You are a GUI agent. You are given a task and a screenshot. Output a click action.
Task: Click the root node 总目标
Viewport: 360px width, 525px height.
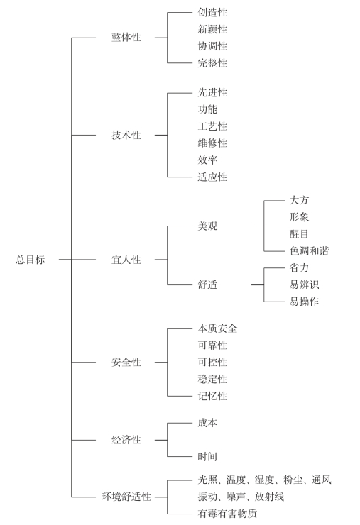tap(30, 260)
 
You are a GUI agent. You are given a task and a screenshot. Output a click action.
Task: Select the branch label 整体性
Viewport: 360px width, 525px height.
tap(126, 37)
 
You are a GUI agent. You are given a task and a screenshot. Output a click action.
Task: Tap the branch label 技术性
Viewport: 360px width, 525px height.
tap(126, 135)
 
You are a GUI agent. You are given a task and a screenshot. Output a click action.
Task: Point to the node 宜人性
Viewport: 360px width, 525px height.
tap(126, 260)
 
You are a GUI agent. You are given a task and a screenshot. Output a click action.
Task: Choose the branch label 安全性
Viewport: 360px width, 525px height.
tap(126, 362)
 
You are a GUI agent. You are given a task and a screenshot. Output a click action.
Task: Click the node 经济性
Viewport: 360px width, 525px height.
tap(126, 440)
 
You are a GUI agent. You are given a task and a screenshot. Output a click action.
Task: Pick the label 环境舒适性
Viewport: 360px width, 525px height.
tap(126, 497)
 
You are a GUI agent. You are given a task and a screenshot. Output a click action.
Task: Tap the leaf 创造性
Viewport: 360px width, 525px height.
tap(212, 12)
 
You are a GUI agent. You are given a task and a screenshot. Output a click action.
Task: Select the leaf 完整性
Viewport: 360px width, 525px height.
tap(212, 62)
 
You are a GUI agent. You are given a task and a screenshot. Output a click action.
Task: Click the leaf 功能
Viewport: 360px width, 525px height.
tap(207, 109)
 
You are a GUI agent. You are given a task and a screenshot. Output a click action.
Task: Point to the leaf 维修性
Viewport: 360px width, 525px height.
tap(212, 143)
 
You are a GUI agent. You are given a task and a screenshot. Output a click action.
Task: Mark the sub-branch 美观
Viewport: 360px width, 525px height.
tap(207, 226)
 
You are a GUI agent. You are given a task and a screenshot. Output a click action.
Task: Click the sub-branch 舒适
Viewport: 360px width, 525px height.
tap(207, 285)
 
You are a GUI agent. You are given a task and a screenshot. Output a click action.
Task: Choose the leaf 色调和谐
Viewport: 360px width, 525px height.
tap(310, 250)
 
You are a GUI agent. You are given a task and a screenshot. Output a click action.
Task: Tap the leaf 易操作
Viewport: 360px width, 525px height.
tap(304, 302)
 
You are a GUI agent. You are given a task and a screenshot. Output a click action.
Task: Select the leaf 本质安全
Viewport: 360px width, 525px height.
tap(217, 328)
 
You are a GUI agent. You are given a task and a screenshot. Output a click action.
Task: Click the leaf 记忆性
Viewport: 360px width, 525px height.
tap(212, 396)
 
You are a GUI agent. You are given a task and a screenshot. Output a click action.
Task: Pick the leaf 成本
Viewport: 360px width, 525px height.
tap(207, 423)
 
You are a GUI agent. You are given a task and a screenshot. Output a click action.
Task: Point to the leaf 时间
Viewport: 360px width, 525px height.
tap(207, 456)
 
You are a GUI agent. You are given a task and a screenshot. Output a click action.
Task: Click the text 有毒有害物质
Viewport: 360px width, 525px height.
tap(228, 513)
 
